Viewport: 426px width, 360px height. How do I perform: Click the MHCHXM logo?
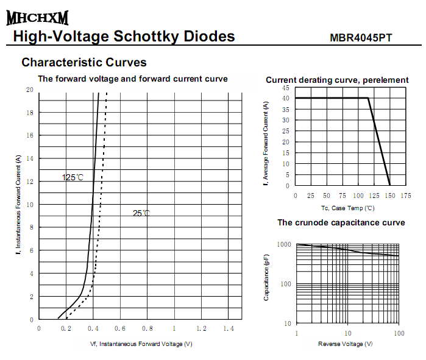[37, 18]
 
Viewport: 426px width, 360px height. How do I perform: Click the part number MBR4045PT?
[361, 38]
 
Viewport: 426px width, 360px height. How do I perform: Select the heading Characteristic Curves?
[84, 62]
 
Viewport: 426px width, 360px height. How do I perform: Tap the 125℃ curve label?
[73, 178]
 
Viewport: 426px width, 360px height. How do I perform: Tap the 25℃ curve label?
[141, 213]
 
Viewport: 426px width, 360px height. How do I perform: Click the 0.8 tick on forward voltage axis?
[147, 329]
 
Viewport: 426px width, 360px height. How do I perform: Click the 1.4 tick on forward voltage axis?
[229, 329]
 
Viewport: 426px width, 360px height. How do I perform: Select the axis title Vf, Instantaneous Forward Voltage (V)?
[141, 344]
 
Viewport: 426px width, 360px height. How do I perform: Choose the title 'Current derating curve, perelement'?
[337, 80]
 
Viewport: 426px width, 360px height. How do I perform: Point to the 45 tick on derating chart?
[286, 88]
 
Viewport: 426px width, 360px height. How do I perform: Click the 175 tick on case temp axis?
[405, 196]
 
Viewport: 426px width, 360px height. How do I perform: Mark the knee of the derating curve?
[369, 98]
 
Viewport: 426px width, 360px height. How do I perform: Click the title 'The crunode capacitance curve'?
[341, 223]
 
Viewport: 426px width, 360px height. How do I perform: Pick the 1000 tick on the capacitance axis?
[285, 244]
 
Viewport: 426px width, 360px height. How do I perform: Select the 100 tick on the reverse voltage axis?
[399, 333]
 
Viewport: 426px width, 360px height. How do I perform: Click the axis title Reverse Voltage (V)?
[345, 344]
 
